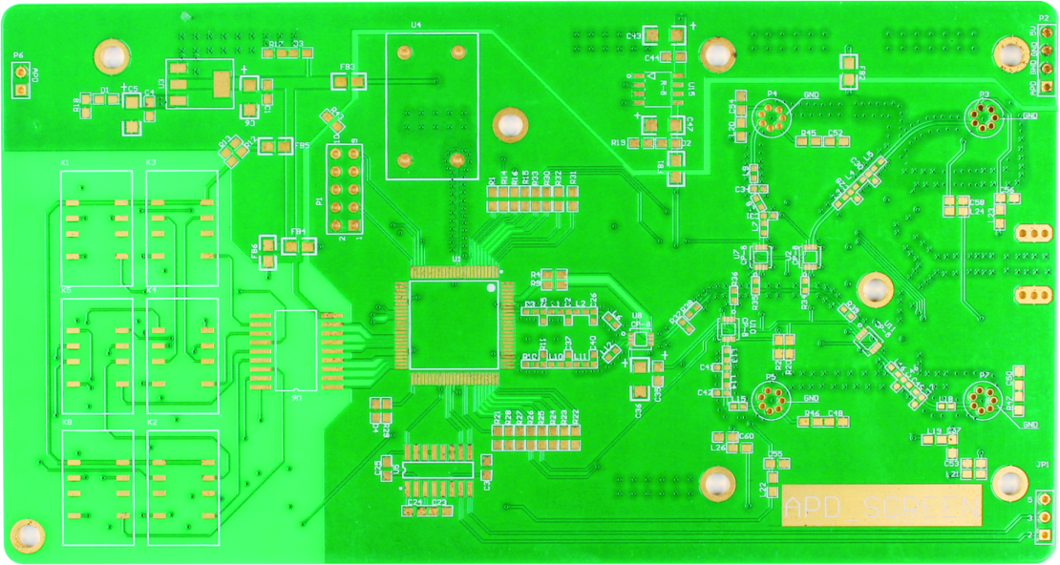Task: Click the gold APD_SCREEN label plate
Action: (x=880, y=507)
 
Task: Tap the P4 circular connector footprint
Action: (x=771, y=116)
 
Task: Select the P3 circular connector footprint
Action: (x=982, y=118)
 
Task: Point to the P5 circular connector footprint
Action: (x=773, y=400)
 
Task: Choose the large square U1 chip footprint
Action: (x=455, y=324)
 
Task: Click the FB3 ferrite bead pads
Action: (x=349, y=82)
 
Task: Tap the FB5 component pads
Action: (x=276, y=146)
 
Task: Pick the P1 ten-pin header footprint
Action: (x=345, y=189)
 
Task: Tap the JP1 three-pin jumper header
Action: (x=1043, y=516)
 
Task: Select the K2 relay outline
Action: (x=182, y=487)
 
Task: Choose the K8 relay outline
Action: (x=97, y=487)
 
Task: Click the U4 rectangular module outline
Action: (x=432, y=106)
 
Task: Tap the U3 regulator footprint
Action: (x=199, y=84)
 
